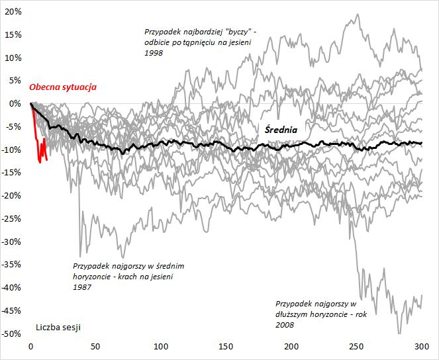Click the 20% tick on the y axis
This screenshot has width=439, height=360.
[x=14, y=12]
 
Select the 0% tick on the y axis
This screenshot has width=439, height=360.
[x=17, y=104]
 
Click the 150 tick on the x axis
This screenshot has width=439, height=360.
[x=225, y=347]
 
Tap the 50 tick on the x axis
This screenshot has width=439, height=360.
[x=96, y=347]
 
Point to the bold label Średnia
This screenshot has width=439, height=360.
[x=281, y=130]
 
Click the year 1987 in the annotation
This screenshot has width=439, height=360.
[x=83, y=287]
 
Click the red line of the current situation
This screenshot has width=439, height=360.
[x=38, y=142]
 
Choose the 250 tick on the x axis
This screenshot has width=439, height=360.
[x=356, y=347]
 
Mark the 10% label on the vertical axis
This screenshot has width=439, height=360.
[x=14, y=58]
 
